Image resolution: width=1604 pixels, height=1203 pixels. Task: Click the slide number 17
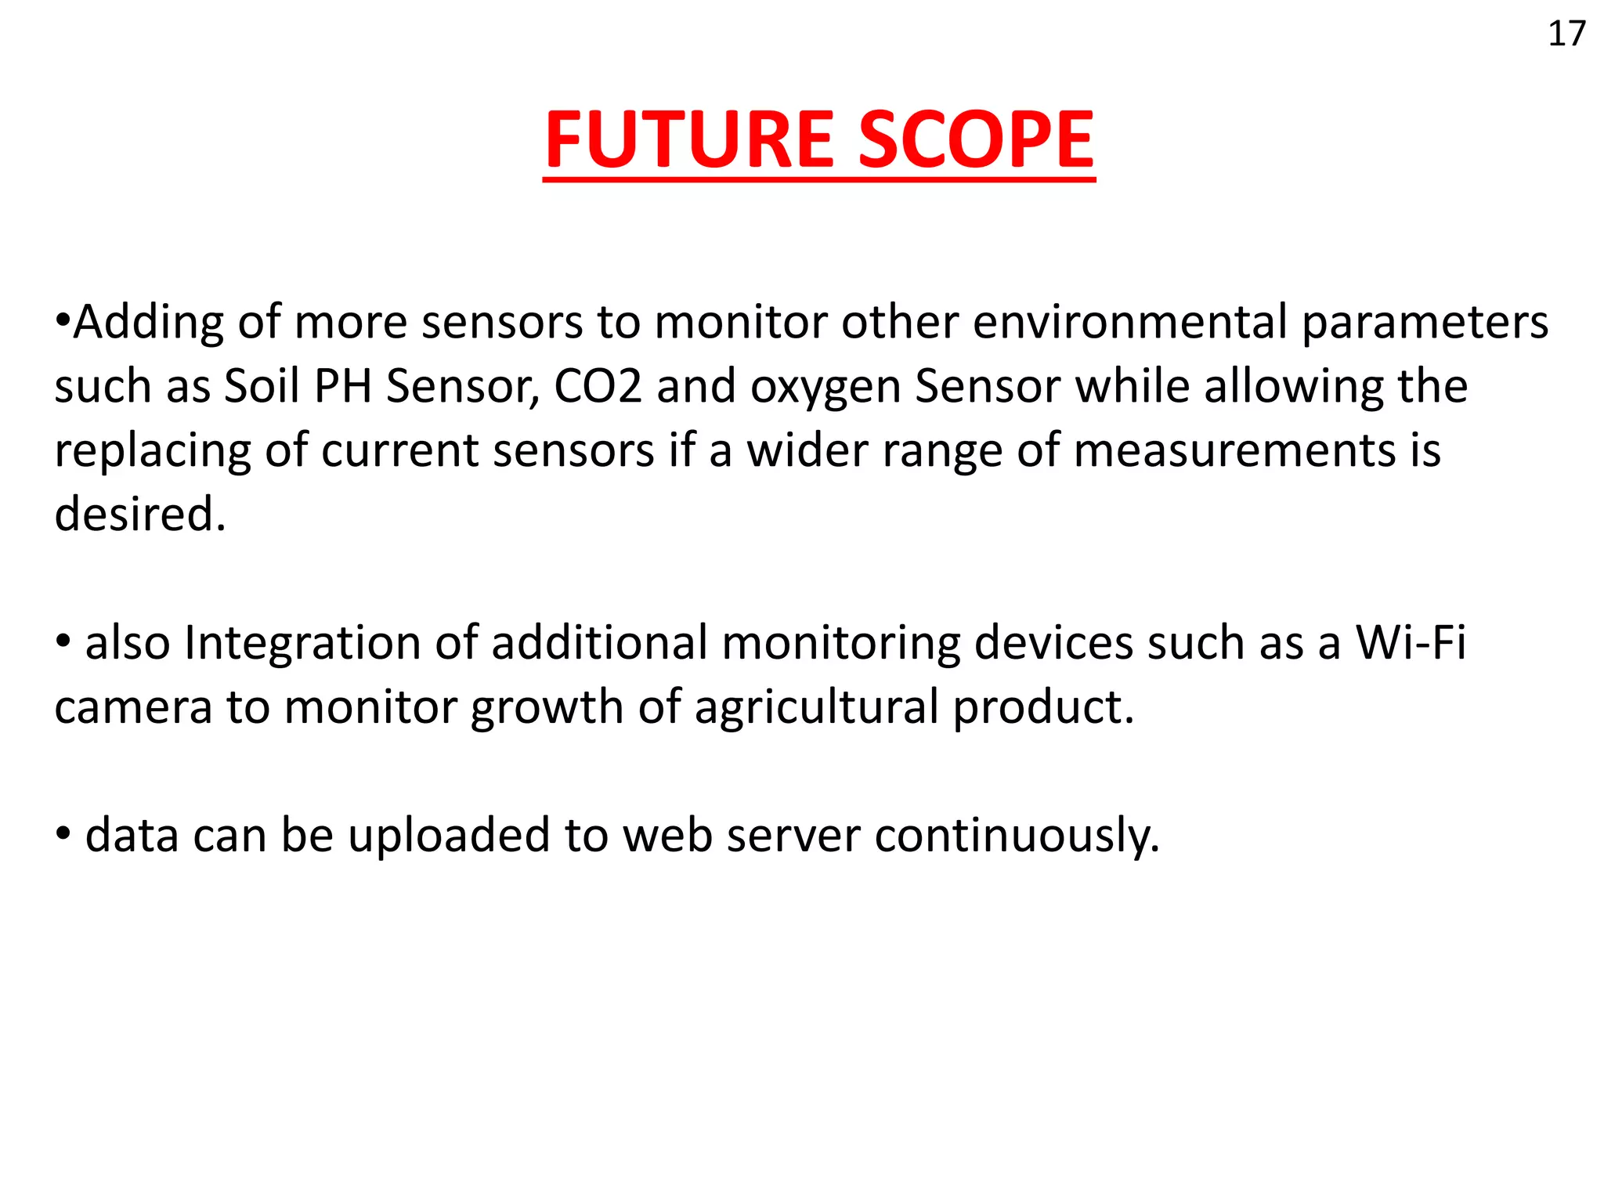(1566, 34)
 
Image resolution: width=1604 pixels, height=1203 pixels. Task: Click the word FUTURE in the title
(690, 140)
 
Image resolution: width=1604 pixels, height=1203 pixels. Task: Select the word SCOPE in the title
(976, 140)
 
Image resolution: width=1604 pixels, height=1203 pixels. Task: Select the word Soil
(262, 386)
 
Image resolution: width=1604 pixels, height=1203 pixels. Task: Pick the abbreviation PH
(342, 386)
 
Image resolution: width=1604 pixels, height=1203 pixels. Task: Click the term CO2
(598, 386)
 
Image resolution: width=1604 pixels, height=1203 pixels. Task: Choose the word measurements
(1234, 451)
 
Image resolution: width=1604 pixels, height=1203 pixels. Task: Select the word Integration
(302, 643)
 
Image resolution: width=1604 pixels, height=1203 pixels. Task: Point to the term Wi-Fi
(1410, 643)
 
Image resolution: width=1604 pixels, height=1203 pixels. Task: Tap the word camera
(133, 707)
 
